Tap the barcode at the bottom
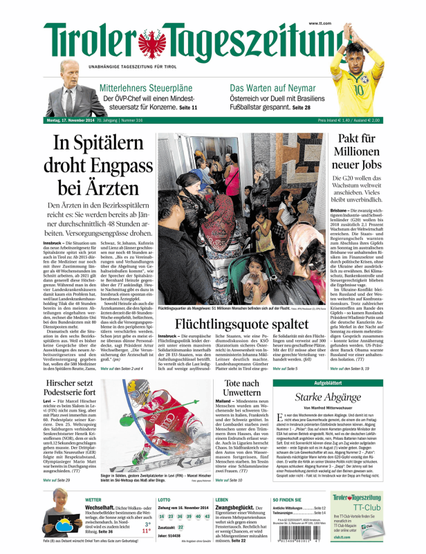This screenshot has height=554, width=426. coord(295,542)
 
